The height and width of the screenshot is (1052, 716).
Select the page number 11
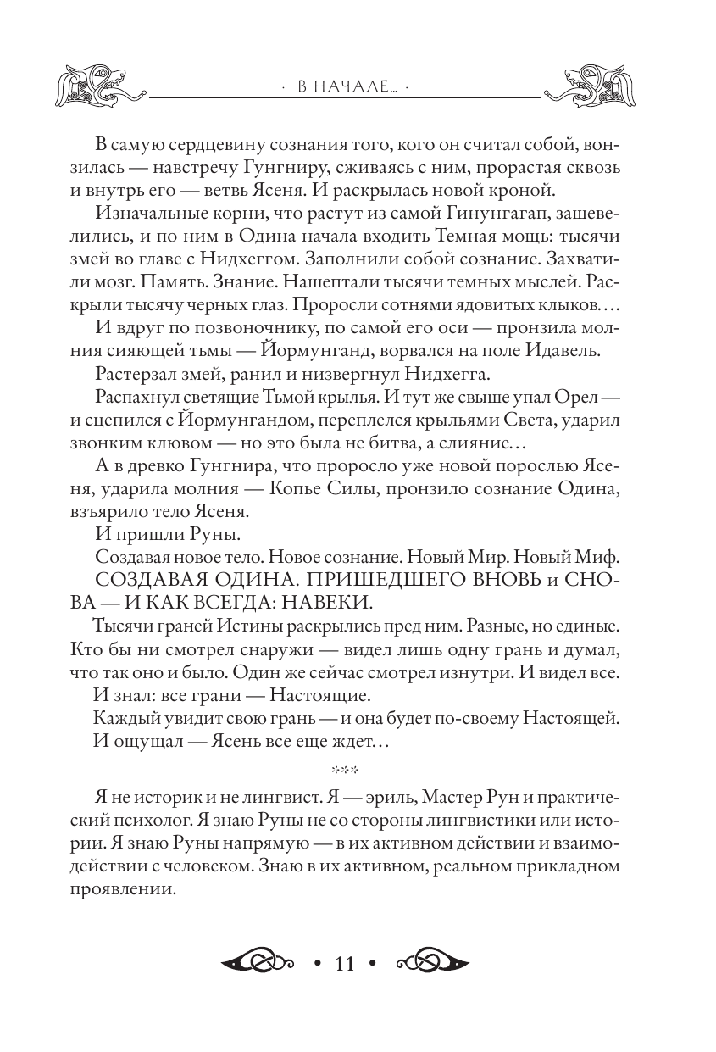coord(344,964)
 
